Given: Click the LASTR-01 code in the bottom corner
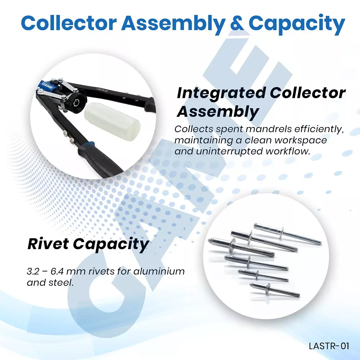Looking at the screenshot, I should click(x=329, y=346).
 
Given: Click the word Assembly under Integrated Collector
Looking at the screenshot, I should click(x=217, y=112).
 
